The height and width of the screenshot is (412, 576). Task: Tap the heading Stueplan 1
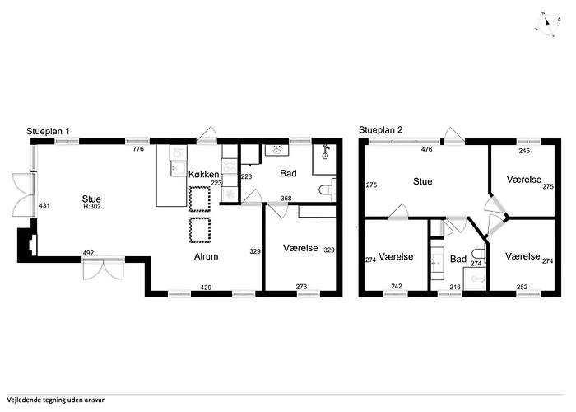pyautogui.click(x=48, y=131)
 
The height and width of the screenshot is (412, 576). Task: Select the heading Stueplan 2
pyautogui.click(x=380, y=130)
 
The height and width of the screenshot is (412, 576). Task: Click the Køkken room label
pyautogui.click(x=204, y=175)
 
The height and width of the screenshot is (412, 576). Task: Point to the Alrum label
pyautogui.click(x=206, y=256)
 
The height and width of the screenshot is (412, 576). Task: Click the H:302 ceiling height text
pyautogui.click(x=92, y=207)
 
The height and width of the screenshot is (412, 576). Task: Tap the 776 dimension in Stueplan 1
pyautogui.click(x=138, y=149)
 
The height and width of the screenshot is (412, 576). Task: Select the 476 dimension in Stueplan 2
pyautogui.click(x=426, y=149)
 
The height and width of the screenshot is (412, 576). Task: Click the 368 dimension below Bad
pyautogui.click(x=286, y=199)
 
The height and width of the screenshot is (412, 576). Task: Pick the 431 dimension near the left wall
pyautogui.click(x=44, y=206)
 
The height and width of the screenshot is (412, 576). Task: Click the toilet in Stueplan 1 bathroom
pyautogui.click(x=327, y=190)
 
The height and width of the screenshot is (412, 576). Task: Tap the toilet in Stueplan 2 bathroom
pyautogui.click(x=480, y=254)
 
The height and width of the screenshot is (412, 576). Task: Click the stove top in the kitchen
pyautogui.click(x=230, y=166)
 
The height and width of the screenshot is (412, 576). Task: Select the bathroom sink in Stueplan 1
pyautogui.click(x=276, y=150)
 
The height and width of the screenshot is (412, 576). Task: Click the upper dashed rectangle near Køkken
pyautogui.click(x=200, y=199)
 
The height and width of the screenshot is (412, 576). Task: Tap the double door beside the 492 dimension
pyautogui.click(x=103, y=269)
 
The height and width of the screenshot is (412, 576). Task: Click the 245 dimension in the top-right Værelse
pyautogui.click(x=524, y=151)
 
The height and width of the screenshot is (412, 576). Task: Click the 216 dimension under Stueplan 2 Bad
pyautogui.click(x=455, y=287)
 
